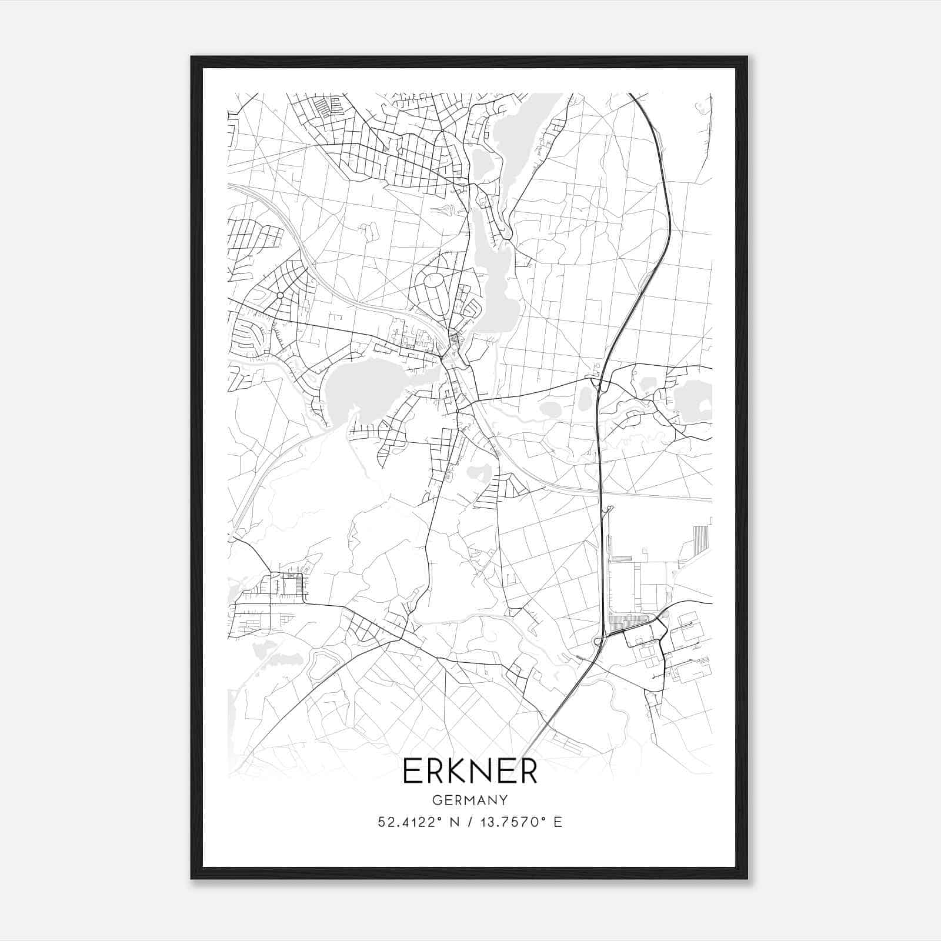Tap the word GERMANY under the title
point(470,800)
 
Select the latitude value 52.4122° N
point(418,822)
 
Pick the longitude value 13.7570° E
point(521,822)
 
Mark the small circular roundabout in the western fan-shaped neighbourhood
point(280,295)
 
